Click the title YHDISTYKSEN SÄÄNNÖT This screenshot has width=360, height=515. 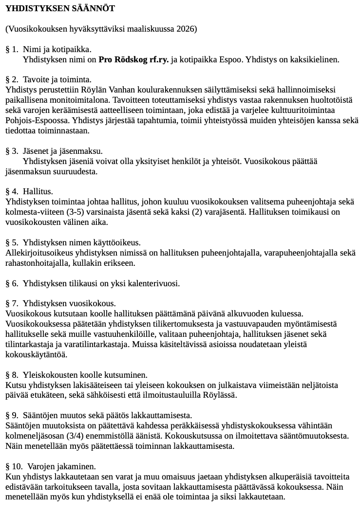click(60, 9)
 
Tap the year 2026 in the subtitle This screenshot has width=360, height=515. click(186, 29)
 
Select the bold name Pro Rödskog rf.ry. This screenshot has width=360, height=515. click(133, 60)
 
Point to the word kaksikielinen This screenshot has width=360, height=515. click(316, 60)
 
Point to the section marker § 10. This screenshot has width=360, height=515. click(14, 466)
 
